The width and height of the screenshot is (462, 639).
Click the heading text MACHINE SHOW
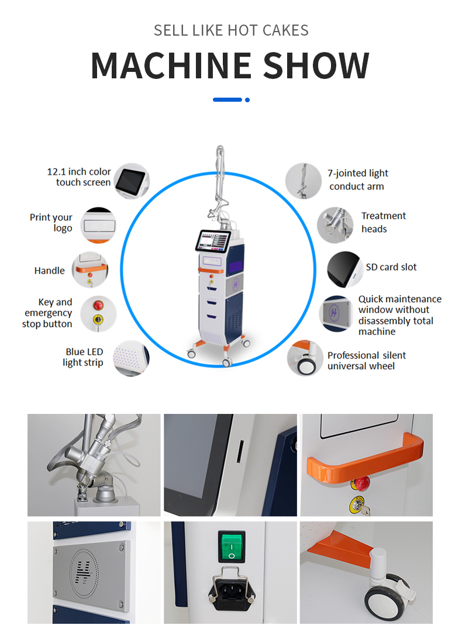tap(230, 65)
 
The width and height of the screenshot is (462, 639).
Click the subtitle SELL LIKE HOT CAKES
tap(230, 30)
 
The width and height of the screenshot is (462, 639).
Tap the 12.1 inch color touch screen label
tap(80, 177)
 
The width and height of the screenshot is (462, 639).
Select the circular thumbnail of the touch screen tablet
tap(131, 181)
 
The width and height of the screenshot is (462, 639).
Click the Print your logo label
tap(51, 223)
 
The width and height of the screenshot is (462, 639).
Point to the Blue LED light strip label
tap(84, 357)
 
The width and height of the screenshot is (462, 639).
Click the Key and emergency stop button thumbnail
tap(98, 314)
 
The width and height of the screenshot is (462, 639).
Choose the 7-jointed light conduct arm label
tap(357, 180)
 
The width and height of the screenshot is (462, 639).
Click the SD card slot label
tap(391, 267)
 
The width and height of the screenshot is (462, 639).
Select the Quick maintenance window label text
tap(399, 315)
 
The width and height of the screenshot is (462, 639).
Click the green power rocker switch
tap(231, 545)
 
